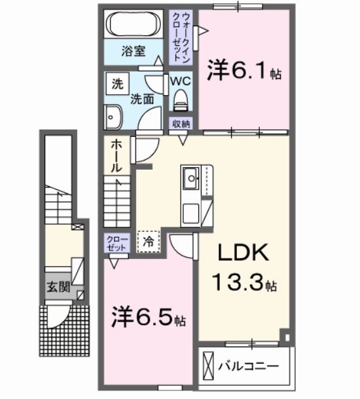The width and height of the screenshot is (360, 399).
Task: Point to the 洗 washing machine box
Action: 117,84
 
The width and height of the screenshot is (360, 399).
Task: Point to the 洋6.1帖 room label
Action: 244,70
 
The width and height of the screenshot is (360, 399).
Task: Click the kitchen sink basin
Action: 191,176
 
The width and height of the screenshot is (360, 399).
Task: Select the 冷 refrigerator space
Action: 149,242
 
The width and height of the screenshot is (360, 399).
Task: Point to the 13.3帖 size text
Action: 243,283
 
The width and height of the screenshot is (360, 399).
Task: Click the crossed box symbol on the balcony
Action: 209,364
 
